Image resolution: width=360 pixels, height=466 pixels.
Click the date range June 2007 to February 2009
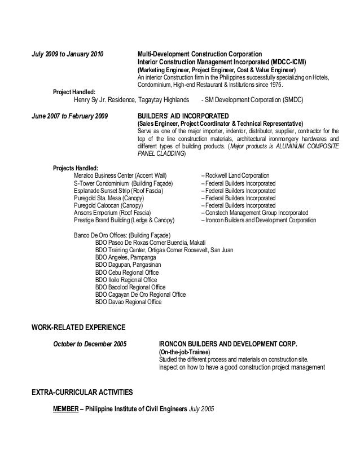[x=71, y=116]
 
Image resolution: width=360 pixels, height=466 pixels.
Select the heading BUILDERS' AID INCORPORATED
[x=180, y=116]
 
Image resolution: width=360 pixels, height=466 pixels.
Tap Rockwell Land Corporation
[x=238, y=176]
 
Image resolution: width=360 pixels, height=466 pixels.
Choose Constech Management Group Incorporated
[x=257, y=213]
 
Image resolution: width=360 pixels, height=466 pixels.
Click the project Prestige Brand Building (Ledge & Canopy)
[x=124, y=221]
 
